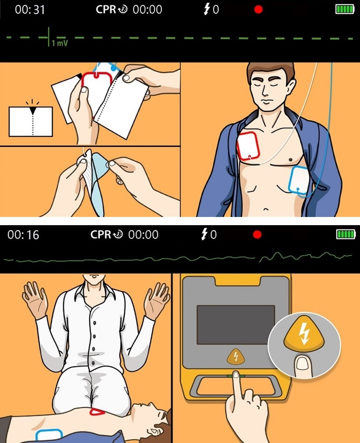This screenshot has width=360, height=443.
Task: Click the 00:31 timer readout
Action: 30,10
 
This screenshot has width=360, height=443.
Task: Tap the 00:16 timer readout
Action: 23,235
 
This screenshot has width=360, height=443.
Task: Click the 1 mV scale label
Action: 60,43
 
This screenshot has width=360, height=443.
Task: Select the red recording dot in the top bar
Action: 258,9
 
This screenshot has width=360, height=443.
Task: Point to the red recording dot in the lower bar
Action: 257,235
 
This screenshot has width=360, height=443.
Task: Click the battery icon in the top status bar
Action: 345,9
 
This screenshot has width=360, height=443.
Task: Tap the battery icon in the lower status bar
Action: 346,234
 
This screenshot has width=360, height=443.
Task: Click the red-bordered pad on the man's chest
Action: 248,146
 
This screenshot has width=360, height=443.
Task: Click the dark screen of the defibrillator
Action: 236,325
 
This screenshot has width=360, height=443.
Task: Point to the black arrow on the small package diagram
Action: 33,111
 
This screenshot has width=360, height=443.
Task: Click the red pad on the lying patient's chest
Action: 97,412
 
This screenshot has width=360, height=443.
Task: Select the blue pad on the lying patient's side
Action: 49,435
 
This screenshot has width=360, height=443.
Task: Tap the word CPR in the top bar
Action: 106,9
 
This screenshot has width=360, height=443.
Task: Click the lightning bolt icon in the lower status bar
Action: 204,235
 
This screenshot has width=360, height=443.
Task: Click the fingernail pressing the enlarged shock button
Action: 303,364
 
